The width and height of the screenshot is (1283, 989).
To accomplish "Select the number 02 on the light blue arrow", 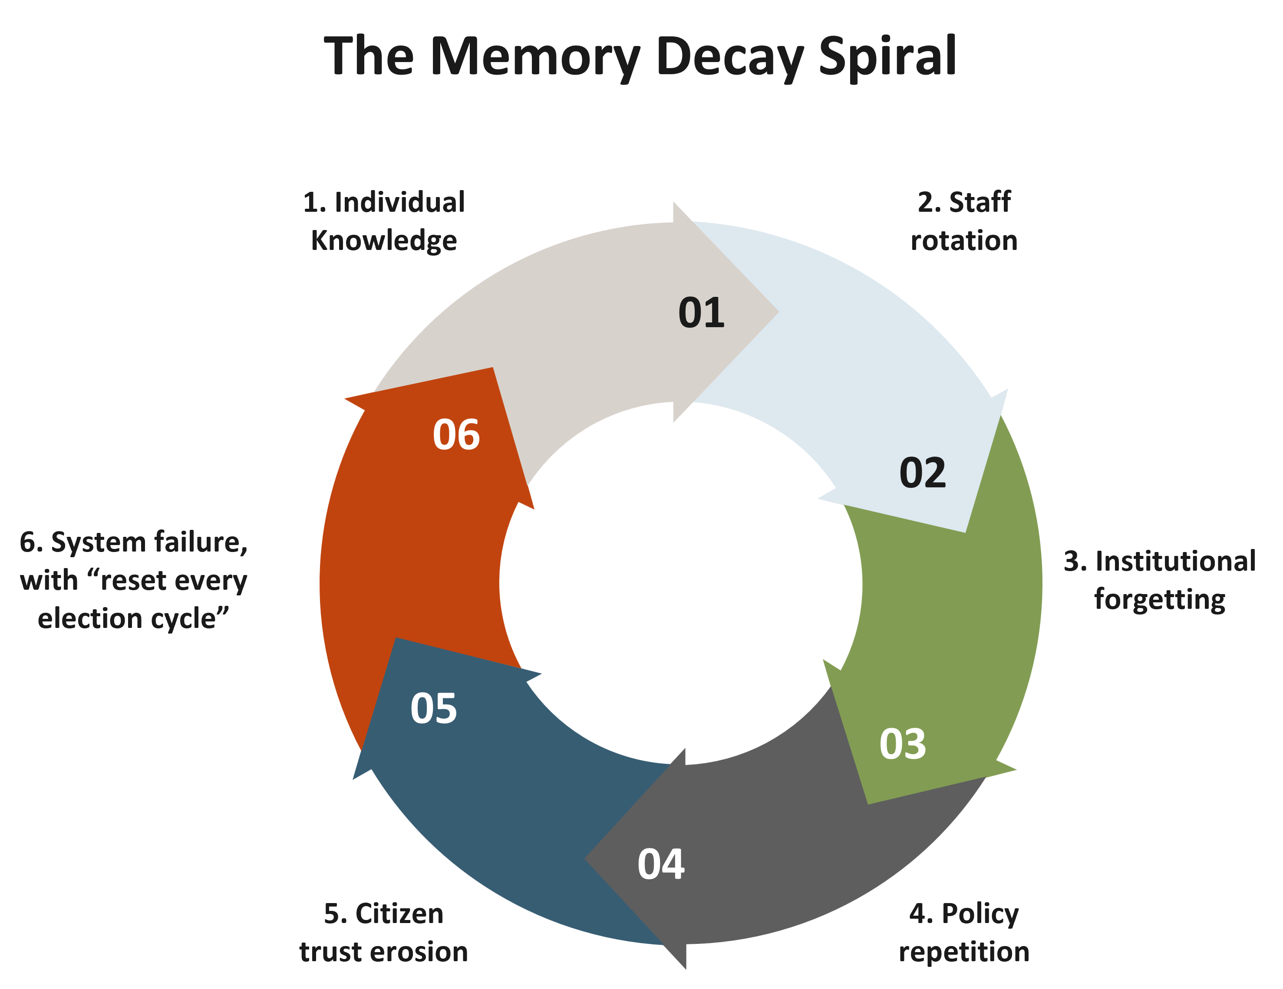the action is coord(922,472).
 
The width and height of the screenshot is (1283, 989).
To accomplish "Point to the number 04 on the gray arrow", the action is coord(661,864).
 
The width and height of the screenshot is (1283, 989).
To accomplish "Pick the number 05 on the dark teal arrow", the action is coord(434,708).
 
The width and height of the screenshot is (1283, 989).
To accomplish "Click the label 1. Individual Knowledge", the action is coord(384,221).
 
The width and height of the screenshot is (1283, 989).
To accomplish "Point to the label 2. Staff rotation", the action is coord(964,221).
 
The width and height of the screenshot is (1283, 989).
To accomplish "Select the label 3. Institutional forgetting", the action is coord(1160,580).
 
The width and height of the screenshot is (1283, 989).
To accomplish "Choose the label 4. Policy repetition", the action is coord(964,933).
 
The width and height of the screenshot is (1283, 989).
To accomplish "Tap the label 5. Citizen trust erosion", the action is coord(384,933).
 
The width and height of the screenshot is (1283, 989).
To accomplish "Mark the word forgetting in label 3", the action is coord(1160,600).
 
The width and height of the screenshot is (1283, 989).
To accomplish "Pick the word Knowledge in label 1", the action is coord(384,241).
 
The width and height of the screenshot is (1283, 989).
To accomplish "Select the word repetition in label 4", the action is coord(964,952).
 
